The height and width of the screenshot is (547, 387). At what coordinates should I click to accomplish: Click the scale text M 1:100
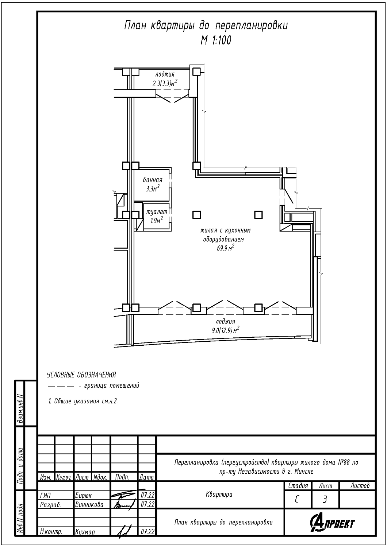(x=216, y=40)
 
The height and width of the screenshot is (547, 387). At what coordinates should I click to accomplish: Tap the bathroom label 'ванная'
(x=153, y=180)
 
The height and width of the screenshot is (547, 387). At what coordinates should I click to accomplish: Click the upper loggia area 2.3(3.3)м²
(x=165, y=83)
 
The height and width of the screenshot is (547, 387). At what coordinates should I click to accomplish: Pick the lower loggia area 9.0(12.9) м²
(x=225, y=330)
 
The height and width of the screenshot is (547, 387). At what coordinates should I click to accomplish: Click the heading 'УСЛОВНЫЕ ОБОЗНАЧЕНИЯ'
(x=81, y=375)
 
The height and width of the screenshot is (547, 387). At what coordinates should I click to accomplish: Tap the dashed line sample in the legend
(x=61, y=386)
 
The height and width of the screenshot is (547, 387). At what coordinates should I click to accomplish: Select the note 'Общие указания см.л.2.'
(x=83, y=401)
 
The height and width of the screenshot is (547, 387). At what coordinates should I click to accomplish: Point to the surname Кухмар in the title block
(x=85, y=532)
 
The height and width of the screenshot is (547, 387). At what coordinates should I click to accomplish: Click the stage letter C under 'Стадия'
(x=297, y=500)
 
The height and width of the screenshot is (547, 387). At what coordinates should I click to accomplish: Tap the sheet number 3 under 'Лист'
(x=325, y=500)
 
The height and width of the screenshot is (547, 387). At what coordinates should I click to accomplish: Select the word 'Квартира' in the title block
(x=219, y=494)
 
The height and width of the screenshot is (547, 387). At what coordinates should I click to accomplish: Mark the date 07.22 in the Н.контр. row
(x=147, y=531)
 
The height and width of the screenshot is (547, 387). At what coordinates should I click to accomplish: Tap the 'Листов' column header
(x=360, y=486)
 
